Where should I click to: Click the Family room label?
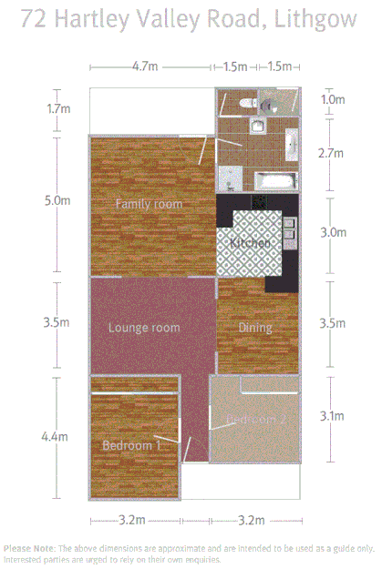coord(148,204)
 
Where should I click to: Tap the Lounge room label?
coord(143,328)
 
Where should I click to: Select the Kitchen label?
coord(249,244)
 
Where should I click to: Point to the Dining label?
coord(255,328)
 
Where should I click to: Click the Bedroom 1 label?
coord(131,446)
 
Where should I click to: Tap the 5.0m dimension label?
coord(57,201)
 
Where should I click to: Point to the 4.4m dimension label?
coord(55,437)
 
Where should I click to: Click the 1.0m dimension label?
coord(334,99)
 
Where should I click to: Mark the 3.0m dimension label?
coord(334,232)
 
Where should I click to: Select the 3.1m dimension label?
coord(332,416)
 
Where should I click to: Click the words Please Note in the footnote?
coord(28,549)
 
